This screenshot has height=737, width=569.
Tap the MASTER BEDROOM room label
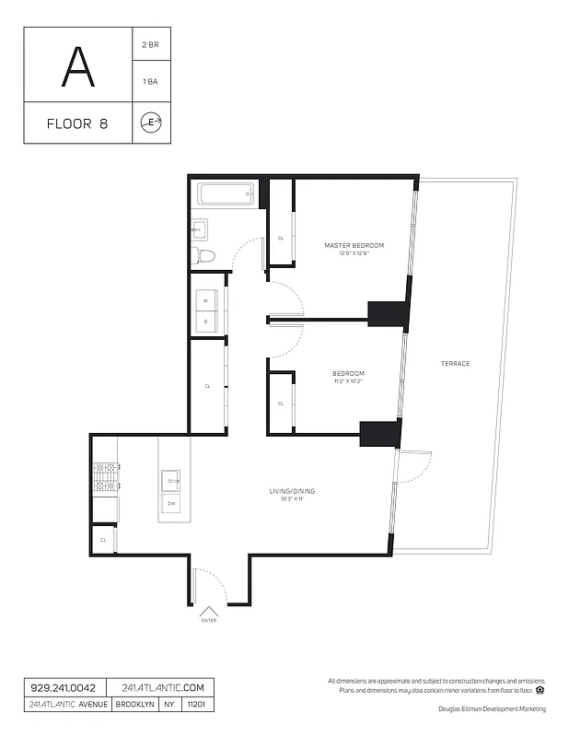point(354,245)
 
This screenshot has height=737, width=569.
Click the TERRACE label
point(455,364)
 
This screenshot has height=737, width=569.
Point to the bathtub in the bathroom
point(226,193)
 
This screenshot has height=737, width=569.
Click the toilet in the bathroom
point(205,255)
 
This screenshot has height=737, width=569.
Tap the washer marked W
point(206,301)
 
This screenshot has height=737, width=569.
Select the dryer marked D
point(206,322)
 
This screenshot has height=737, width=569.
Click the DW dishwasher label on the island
point(171,504)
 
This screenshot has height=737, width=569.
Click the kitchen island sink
point(172,480)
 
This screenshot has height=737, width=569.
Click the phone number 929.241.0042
point(61,688)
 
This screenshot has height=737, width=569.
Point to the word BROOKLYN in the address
point(134,705)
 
